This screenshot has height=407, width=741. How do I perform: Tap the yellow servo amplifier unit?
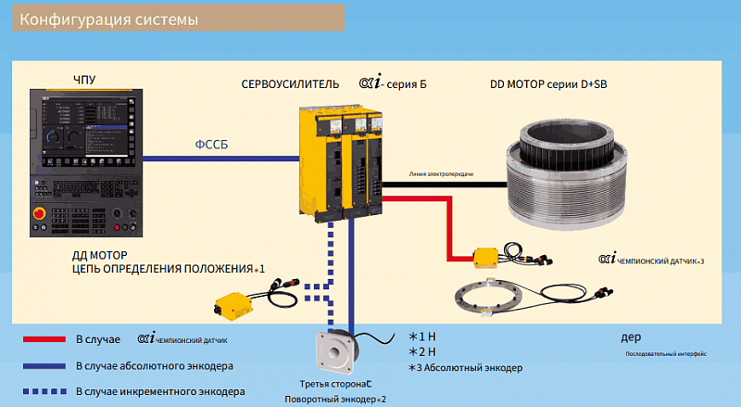tap(341, 162)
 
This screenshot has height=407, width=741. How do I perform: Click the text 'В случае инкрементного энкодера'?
tap(160, 391)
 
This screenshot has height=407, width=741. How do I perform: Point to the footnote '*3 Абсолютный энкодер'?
tap(465, 368)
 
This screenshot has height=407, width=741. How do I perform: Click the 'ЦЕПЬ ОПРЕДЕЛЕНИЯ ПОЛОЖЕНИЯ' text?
tap(164, 268)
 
